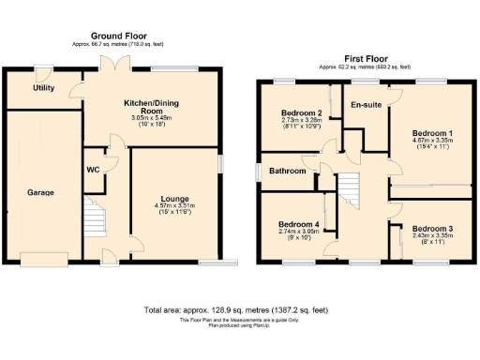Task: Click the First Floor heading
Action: tap(362, 58)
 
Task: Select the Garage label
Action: tap(40, 192)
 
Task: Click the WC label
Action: tap(94, 170)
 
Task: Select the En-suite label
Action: tap(366, 104)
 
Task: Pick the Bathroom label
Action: tap(288, 172)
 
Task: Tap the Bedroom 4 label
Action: tap(297, 224)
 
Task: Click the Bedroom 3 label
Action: tap(433, 229)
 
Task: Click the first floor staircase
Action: tap(349, 192)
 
